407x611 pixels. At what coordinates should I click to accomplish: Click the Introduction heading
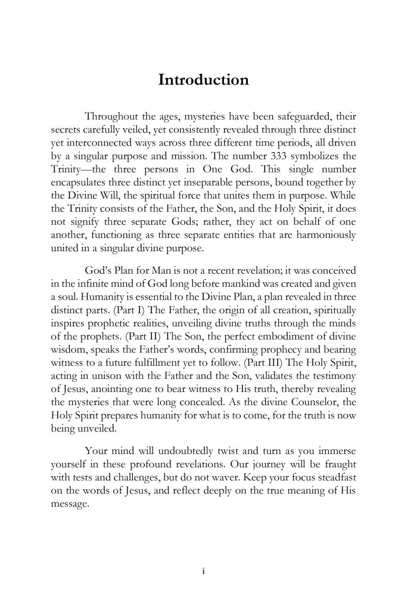click(203, 81)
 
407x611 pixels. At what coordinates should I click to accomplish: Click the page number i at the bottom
click(203, 572)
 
